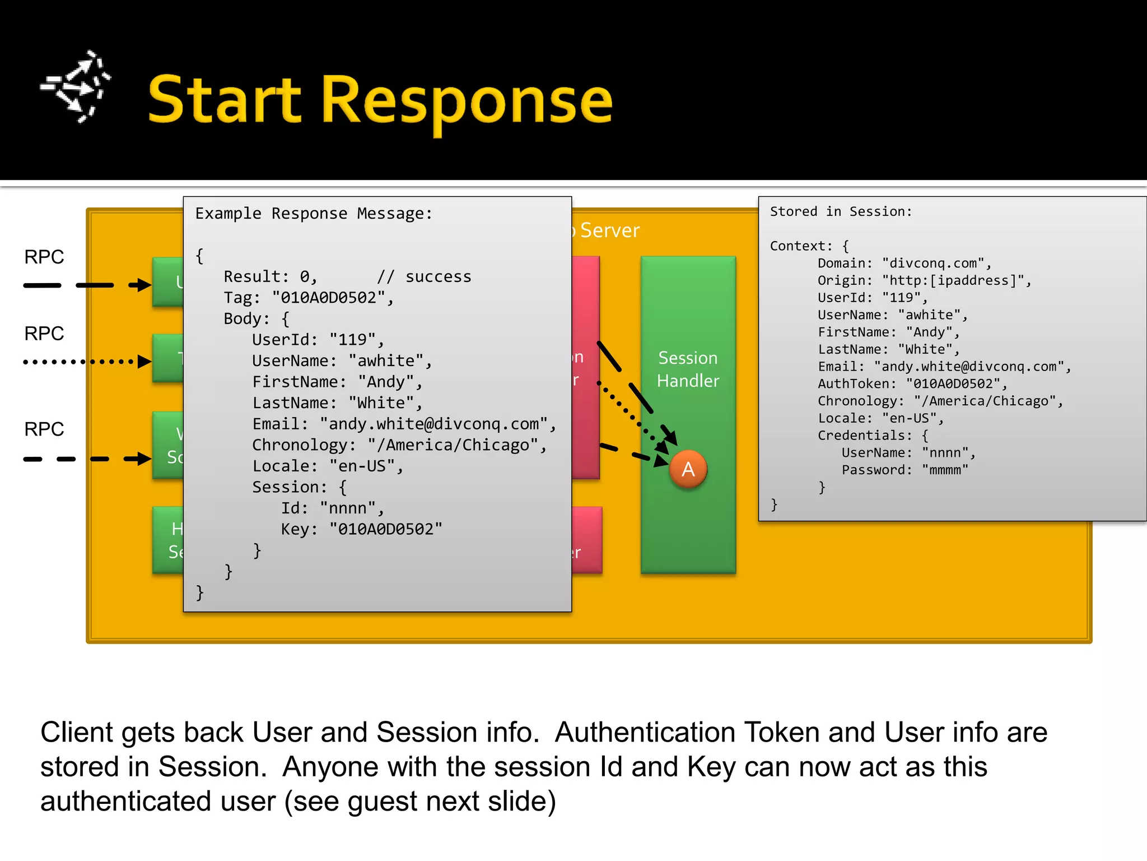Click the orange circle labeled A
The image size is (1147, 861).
pos(688,469)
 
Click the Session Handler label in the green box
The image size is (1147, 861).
pos(688,369)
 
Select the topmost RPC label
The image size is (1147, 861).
pos(44,257)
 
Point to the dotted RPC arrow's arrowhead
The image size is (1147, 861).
pos(144,362)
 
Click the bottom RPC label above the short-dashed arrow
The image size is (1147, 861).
pos(44,429)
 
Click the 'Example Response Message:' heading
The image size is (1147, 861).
pos(314,214)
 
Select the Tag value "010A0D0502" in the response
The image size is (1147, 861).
pos(328,298)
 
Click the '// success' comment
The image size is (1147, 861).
pos(424,277)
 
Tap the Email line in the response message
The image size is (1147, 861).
pos(403,424)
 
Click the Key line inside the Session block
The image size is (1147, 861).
pos(361,529)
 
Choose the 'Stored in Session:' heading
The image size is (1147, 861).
pos(841,211)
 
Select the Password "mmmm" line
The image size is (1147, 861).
pos(904,470)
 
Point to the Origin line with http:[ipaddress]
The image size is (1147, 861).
pos(924,280)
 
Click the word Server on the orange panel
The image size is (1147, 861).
pos(609,230)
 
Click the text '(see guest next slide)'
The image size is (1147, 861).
pos(420,802)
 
